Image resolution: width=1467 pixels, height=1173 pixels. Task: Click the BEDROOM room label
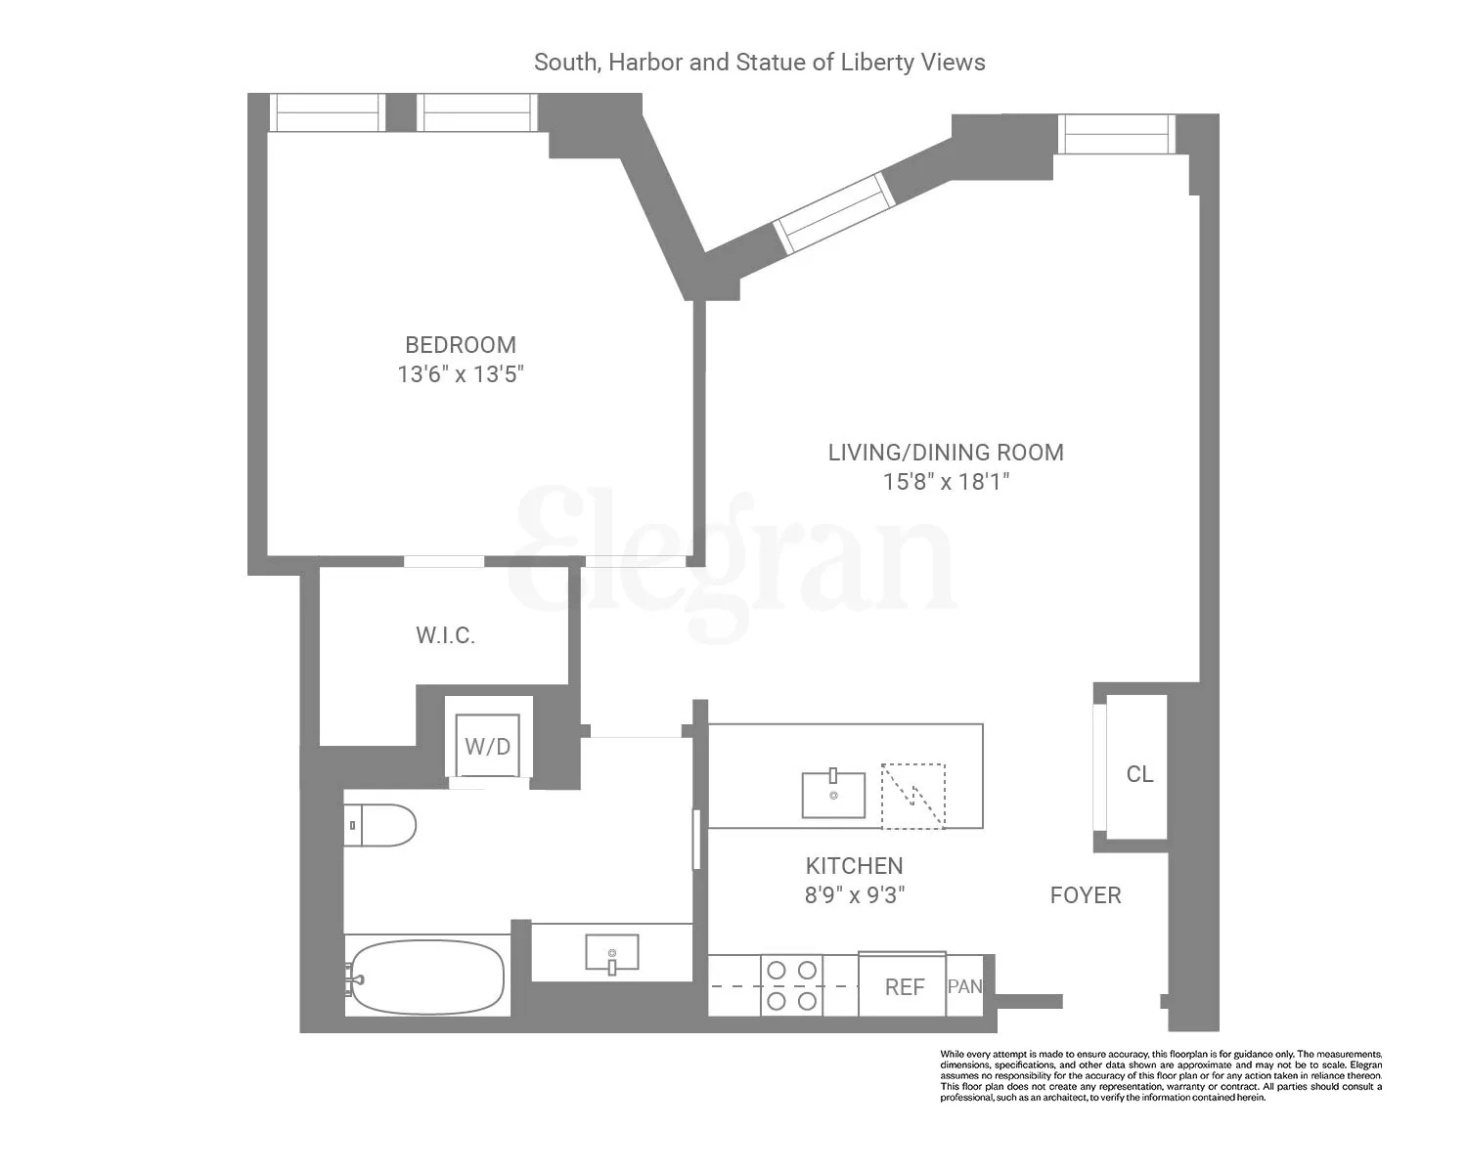[460, 345]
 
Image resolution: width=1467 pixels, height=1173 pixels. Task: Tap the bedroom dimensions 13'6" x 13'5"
[460, 374]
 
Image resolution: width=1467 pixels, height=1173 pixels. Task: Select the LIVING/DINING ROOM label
[945, 453]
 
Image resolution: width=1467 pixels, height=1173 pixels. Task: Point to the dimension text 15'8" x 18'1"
[945, 482]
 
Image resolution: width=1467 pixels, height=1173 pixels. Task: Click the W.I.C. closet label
[445, 635]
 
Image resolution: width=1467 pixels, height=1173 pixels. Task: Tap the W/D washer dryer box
[487, 747]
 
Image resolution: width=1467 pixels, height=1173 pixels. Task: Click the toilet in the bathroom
[381, 825]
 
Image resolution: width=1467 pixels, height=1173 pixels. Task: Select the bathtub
[427, 977]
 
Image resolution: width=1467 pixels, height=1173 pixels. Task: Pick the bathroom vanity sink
[612, 952]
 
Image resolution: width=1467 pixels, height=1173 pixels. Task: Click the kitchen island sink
[833, 794]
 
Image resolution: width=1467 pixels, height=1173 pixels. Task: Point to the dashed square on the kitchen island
[913, 796]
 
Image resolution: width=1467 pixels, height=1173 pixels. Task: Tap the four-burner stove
[792, 985]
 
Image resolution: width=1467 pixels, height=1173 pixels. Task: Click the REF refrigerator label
[904, 987]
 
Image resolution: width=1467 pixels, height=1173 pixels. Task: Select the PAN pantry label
[964, 986]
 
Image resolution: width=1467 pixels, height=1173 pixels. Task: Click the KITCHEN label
[854, 866]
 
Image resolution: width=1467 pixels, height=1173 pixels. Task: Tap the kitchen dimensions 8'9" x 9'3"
[854, 895]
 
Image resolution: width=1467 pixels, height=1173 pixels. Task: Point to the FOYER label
[1086, 895]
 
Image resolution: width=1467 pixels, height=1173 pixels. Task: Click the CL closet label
[1139, 774]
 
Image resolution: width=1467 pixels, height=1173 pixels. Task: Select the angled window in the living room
[834, 213]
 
